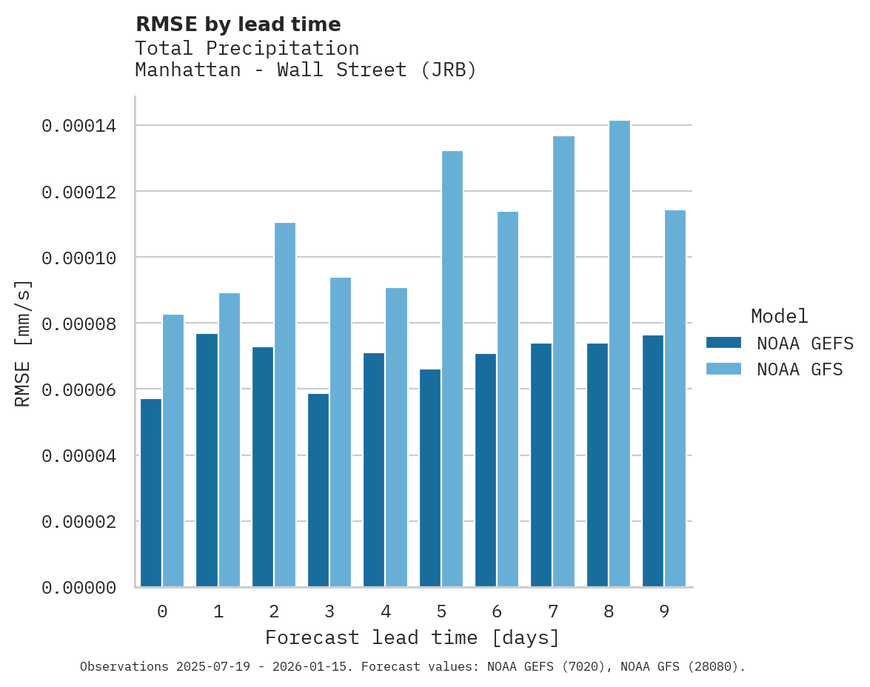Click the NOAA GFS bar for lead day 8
pos(619,354)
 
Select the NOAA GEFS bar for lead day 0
pos(151,493)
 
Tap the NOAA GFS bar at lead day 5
pos(452,369)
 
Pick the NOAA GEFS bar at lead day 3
pos(318,490)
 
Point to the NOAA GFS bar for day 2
pos(284,405)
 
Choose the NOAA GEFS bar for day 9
pos(653,461)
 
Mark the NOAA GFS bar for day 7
pos(563,361)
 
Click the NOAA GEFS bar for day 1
pos(207,460)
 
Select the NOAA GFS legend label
pos(800,369)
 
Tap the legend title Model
pos(779,316)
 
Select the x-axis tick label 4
pos(386,611)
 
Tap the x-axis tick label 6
pos(497,611)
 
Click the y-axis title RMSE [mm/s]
pos(23,343)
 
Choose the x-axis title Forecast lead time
pos(412,637)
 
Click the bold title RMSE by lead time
pos(238,24)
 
